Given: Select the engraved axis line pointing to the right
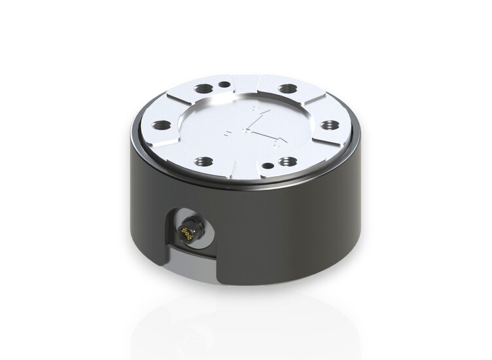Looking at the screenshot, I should pyautogui.click(x=270, y=135).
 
